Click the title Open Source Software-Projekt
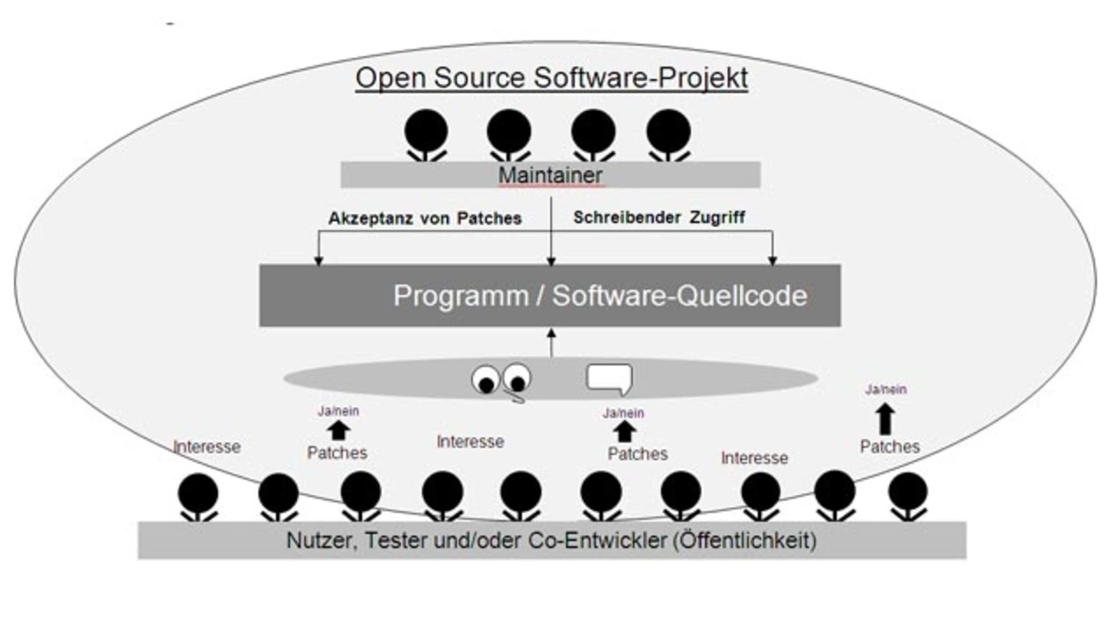pyautogui.click(x=552, y=78)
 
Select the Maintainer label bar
pyautogui.click(x=550, y=175)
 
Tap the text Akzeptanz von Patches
pyautogui.click(x=424, y=219)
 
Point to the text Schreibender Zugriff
pyautogui.click(x=660, y=219)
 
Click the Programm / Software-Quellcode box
pyautogui.click(x=549, y=296)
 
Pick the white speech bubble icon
pyautogui.click(x=609, y=378)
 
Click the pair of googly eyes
pyautogui.click(x=501, y=379)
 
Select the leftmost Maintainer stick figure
pyautogui.click(x=427, y=135)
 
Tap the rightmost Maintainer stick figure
pyautogui.click(x=668, y=135)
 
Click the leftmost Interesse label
pyautogui.click(x=207, y=447)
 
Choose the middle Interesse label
pyautogui.click(x=470, y=442)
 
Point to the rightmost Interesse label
pyautogui.click(x=755, y=458)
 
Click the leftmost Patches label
pyautogui.click(x=337, y=453)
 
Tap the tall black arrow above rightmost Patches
pyautogui.click(x=886, y=419)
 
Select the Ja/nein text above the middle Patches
pyautogui.click(x=624, y=413)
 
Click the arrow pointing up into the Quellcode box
pyautogui.click(x=551, y=342)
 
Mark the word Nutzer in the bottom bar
pyautogui.click(x=316, y=542)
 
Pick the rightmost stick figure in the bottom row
pyautogui.click(x=907, y=496)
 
